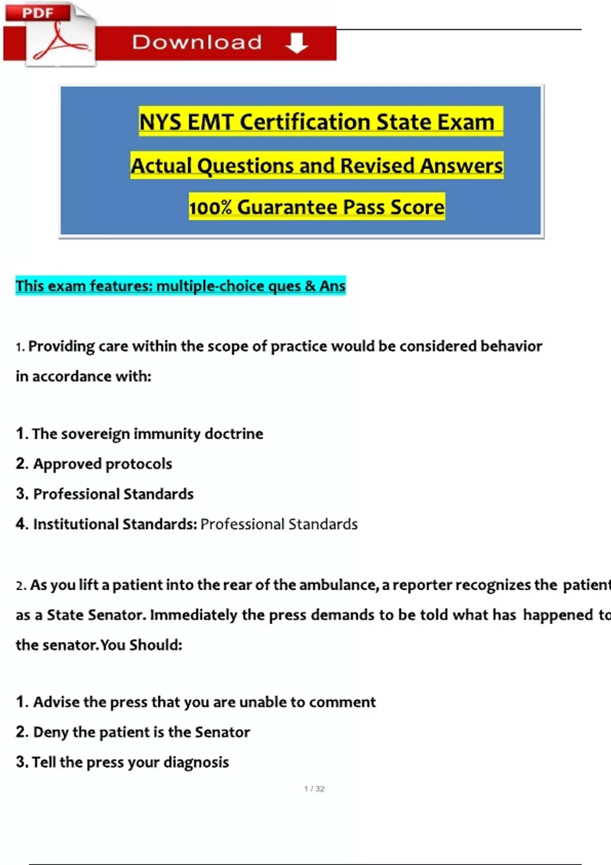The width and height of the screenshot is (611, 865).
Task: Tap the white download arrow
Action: [296, 43]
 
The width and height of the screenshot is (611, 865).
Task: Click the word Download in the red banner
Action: [197, 43]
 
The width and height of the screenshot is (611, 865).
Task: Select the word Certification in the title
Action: [305, 122]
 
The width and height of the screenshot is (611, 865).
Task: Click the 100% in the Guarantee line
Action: [210, 208]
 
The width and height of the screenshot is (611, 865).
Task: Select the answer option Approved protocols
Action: [102, 464]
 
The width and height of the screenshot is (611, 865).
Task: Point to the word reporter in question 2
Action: [422, 585]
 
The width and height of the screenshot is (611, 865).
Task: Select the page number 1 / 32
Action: [314, 789]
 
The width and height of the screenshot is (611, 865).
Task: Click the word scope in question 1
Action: [228, 347]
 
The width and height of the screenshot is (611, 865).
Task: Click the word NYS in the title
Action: [160, 122]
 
